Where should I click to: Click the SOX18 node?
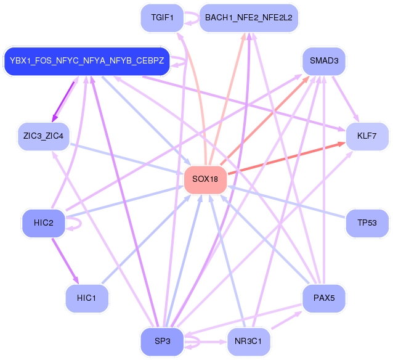206,179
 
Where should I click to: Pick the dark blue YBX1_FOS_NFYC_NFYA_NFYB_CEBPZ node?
87,61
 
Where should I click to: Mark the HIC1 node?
87,298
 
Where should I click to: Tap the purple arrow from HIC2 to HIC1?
64,258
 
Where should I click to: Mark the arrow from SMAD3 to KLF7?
346,99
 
